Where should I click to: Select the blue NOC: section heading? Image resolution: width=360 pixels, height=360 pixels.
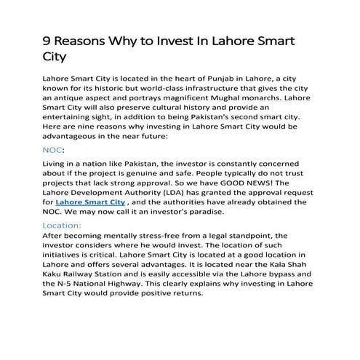tap(56, 150)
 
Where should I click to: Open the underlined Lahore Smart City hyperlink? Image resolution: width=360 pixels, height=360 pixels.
tap(84, 201)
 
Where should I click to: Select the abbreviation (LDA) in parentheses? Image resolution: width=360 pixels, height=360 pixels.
tap(172, 191)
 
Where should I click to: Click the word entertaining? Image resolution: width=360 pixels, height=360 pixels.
tap(71, 116)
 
